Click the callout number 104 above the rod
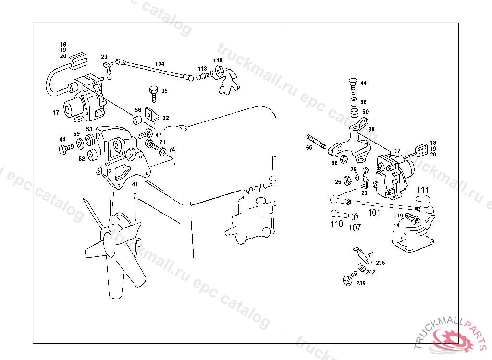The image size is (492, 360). click(160, 64)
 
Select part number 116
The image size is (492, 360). click(218, 60)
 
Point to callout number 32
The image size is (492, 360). click(165, 118)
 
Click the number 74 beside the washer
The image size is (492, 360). click(172, 150)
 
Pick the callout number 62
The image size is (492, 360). click(82, 158)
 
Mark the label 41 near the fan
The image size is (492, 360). click(135, 184)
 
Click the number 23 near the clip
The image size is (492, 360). click(104, 57)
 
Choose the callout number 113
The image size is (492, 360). click(202, 69)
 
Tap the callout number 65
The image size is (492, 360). click(309, 148)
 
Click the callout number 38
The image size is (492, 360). click(371, 130)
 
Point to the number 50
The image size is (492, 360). click(365, 112)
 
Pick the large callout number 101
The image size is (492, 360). click(374, 212)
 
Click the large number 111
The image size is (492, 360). click(422, 190)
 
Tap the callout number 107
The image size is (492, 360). click(355, 227)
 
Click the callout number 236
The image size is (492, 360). click(380, 263)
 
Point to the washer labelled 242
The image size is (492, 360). click(360, 267)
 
